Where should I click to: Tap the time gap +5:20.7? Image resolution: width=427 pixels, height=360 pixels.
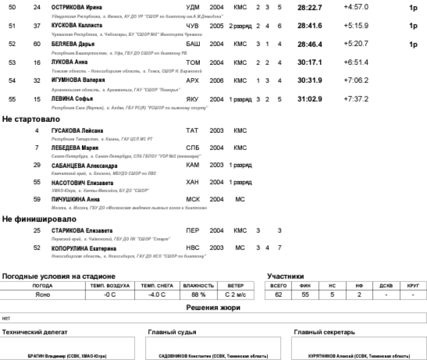pyautogui.click(x=356, y=44)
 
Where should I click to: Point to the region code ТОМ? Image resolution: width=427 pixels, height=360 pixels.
pyautogui.click(x=193, y=62)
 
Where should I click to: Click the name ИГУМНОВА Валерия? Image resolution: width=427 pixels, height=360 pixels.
pyautogui.click(x=78, y=80)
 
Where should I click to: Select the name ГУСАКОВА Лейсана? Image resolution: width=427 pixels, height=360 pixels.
pyautogui.click(x=77, y=131)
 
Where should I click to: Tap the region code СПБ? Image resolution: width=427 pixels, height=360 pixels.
pyautogui.click(x=193, y=148)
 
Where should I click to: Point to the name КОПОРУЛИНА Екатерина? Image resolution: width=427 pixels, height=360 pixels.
pyautogui.click(x=84, y=248)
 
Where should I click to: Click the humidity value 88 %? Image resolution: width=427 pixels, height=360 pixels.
pyautogui.click(x=198, y=294)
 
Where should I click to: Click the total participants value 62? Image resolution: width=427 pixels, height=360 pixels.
pyautogui.click(x=278, y=294)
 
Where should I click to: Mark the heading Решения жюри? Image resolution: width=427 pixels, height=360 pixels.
pyautogui.click(x=213, y=308)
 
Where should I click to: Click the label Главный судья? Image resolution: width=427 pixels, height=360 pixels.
pyautogui.click(x=173, y=332)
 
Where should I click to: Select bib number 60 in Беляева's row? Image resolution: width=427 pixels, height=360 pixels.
pyautogui.click(x=37, y=44)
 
